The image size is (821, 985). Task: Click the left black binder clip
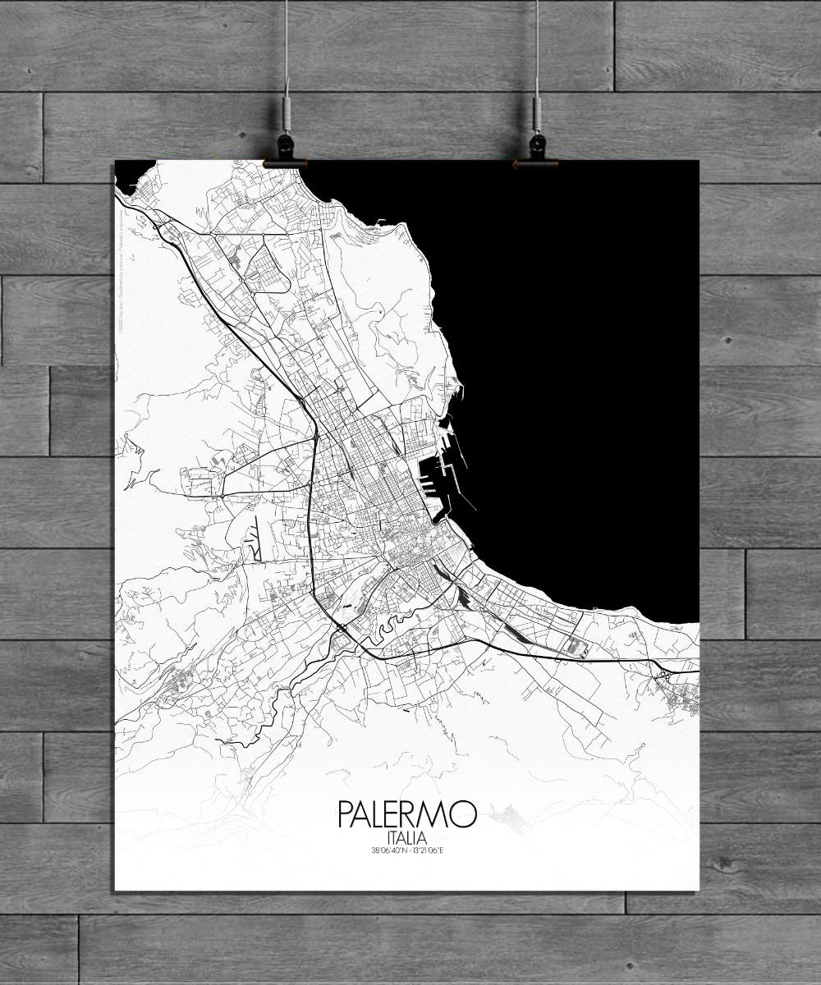point(287,149)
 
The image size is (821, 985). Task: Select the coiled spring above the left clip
point(287,108)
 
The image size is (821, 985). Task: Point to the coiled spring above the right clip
point(537,108)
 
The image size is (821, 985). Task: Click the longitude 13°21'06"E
point(427,850)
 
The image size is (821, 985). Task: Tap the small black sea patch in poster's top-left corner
point(131,175)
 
